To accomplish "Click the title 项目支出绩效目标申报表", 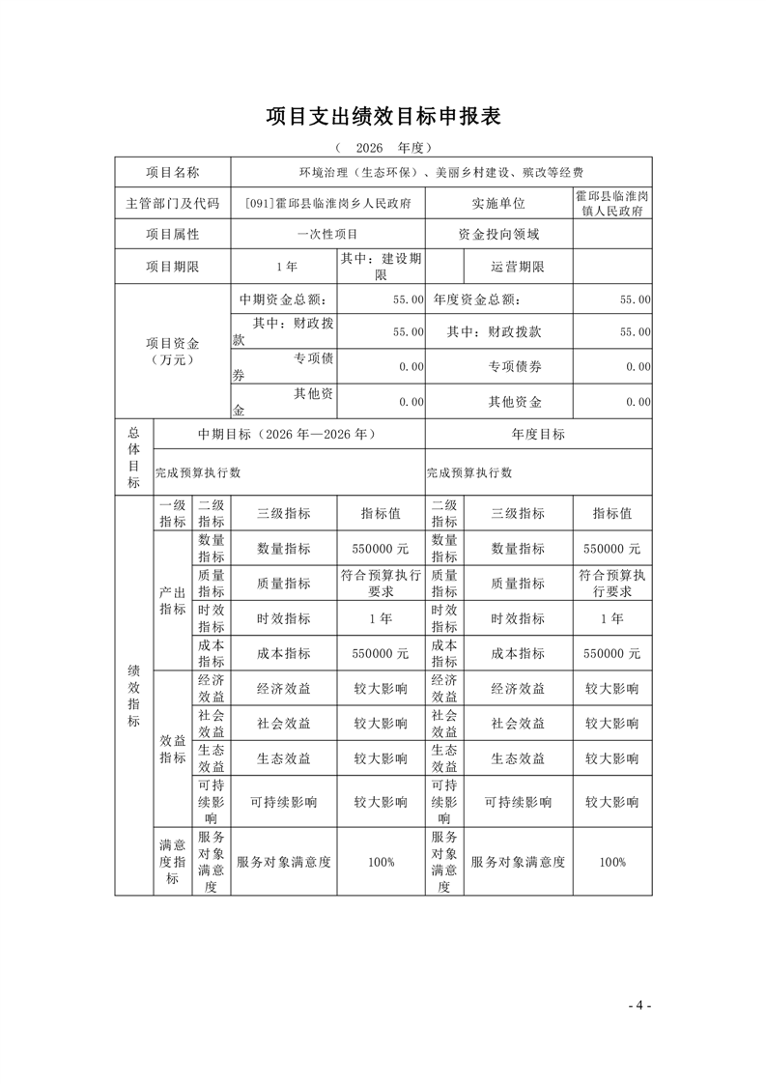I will click(x=383, y=117).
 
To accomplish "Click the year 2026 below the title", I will click(x=370, y=148).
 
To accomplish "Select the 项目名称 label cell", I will click(x=173, y=172).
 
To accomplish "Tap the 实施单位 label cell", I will click(x=498, y=203).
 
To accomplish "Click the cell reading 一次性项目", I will click(x=327, y=234).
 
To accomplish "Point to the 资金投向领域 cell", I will click(x=498, y=234).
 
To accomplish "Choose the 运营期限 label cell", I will click(x=518, y=267).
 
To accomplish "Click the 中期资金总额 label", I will click(x=284, y=300).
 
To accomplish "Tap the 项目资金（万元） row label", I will click(x=173, y=350).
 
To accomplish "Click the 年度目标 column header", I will click(x=538, y=435).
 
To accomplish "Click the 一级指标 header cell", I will click(x=173, y=514).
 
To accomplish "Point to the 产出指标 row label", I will click(x=173, y=600).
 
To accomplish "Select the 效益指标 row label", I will click(x=173, y=749).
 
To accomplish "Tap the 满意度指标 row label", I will click(x=173, y=862).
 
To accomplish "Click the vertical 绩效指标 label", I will click(x=133, y=696).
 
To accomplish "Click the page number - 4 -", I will click(x=639, y=1005).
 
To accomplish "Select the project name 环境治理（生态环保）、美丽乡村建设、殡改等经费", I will click(x=441, y=172).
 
